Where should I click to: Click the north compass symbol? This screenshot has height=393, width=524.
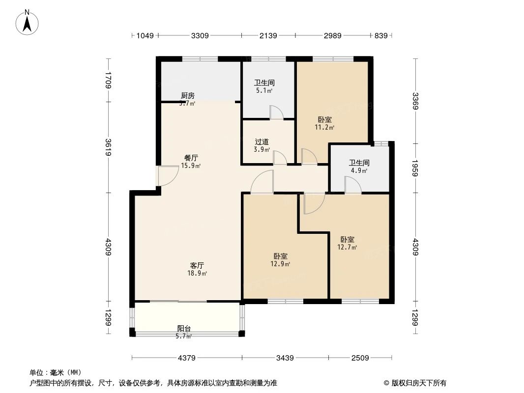pyautogui.click(x=28, y=22)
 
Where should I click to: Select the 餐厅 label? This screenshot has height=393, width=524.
pyautogui.click(x=191, y=158)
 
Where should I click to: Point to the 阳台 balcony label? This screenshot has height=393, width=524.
pyautogui.click(x=184, y=329)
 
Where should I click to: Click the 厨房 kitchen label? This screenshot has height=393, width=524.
pyautogui.click(x=187, y=96)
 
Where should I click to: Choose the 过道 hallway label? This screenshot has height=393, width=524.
pyautogui.click(x=262, y=141)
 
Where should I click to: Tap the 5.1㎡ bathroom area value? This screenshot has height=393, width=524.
pyautogui.click(x=264, y=90)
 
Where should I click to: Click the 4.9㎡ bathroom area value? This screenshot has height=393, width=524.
pyautogui.click(x=359, y=170)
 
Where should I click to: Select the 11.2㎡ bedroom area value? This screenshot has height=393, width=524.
pyautogui.click(x=324, y=128)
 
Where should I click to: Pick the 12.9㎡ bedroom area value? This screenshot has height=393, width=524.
pyautogui.click(x=280, y=264)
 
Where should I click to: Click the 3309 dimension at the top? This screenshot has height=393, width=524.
pyautogui.click(x=200, y=35)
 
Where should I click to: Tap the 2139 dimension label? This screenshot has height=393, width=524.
pyautogui.click(x=268, y=35)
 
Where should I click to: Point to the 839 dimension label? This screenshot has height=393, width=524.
pyautogui.click(x=381, y=35)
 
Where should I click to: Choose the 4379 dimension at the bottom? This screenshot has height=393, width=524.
pyautogui.click(x=186, y=358)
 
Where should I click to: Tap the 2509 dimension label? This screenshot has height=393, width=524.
pyautogui.click(x=360, y=358)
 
